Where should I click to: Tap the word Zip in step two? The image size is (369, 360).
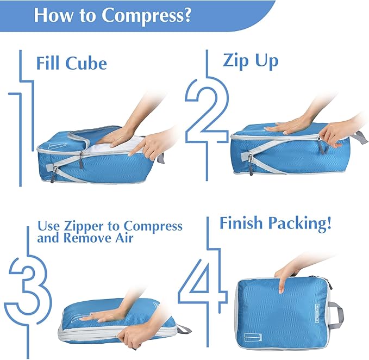point(236,61)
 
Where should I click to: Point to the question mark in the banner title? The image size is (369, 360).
point(186,15)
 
